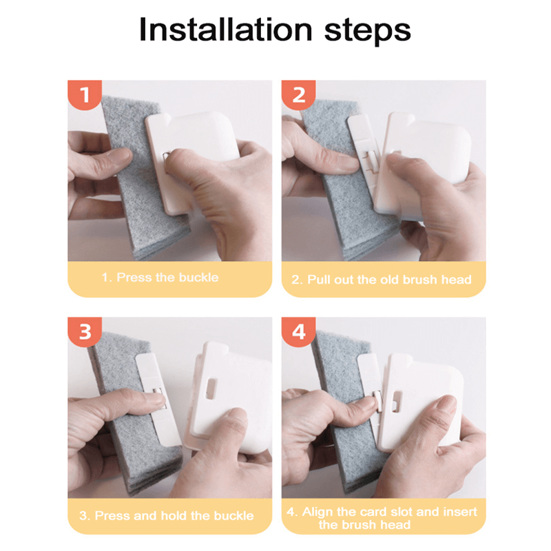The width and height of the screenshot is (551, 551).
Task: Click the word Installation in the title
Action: (225, 30)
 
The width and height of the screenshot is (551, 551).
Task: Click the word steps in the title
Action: (367, 31)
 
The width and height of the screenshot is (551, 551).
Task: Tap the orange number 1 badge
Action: (85, 94)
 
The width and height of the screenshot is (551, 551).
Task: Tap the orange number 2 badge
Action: (298, 94)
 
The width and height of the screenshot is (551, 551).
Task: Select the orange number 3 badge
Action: (85, 332)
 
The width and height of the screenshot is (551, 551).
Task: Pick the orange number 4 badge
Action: (298, 332)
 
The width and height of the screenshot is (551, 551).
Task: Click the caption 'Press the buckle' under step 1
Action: (167, 278)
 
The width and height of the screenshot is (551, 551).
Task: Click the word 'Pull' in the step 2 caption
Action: (319, 280)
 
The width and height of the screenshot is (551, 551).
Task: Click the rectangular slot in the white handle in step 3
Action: (211, 388)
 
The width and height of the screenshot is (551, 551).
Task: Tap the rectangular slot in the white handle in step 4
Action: (396, 401)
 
